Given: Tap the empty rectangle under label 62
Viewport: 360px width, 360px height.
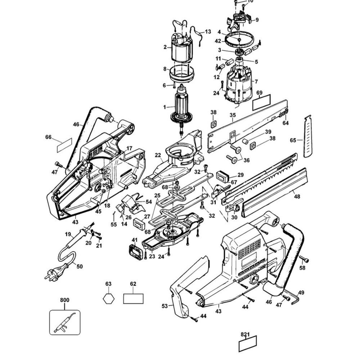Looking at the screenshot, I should [133, 298].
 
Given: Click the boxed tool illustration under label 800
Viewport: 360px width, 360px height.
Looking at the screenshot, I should [65, 322].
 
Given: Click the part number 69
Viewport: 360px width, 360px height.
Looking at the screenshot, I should [259, 93].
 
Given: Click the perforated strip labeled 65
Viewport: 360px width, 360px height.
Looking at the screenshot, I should [307, 136].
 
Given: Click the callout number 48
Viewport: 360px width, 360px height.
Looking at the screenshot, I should [297, 197].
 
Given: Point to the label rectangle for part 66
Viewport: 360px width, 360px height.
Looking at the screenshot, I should [65, 145].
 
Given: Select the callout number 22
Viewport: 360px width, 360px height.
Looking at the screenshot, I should [158, 155].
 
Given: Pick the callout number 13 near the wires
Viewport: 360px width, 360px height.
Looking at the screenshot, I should [208, 32].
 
